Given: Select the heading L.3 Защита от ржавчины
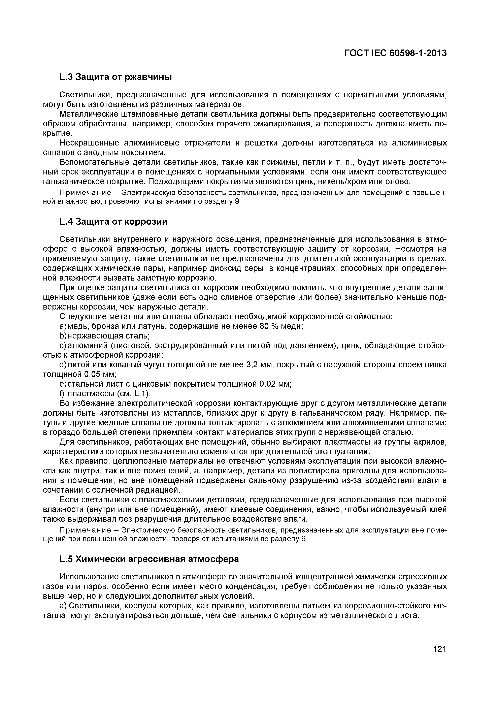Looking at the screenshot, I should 115,77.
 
